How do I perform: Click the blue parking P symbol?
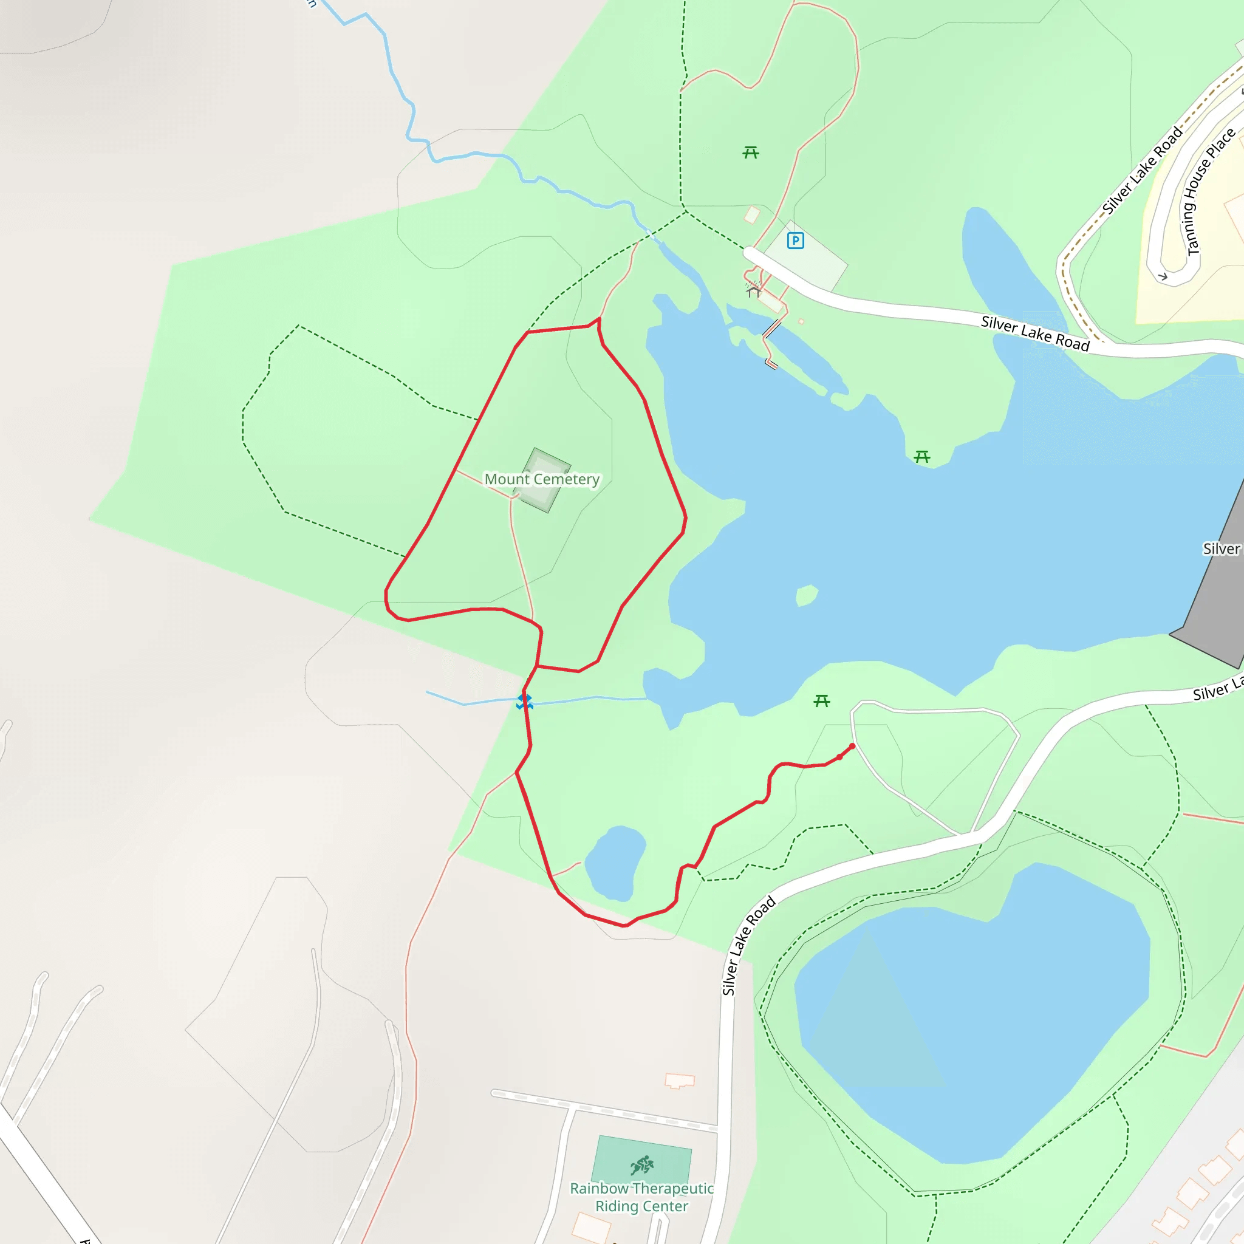(x=795, y=241)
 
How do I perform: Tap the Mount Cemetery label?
(x=541, y=479)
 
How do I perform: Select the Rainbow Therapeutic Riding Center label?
(x=641, y=1197)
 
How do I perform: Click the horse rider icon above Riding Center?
(x=642, y=1165)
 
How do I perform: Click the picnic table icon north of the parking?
(x=751, y=152)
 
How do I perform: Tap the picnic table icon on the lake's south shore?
(x=822, y=700)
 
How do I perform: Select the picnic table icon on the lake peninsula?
(x=922, y=457)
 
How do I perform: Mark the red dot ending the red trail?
(x=852, y=747)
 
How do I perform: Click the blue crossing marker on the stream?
(x=525, y=701)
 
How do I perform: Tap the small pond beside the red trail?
(x=615, y=863)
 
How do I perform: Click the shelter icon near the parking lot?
(x=753, y=291)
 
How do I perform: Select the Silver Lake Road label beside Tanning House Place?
(x=1143, y=171)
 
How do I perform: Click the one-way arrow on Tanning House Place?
(x=1163, y=277)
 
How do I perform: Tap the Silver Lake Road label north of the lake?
(x=1034, y=333)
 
